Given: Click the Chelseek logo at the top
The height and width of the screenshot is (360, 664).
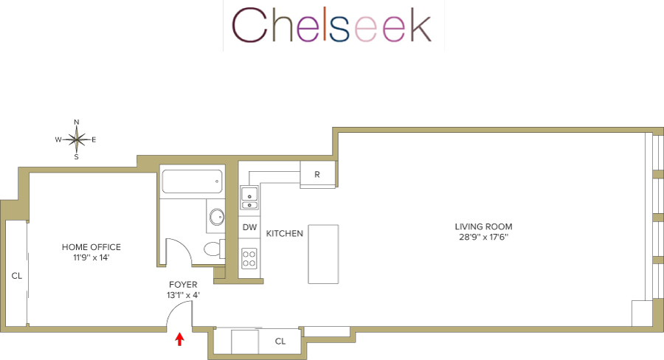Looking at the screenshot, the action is click(332, 26).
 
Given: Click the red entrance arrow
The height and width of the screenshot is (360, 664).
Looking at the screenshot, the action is click(179, 339).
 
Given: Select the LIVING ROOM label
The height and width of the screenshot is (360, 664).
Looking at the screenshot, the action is click(483, 226).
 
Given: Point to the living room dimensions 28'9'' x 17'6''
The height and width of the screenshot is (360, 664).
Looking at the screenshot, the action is click(483, 238).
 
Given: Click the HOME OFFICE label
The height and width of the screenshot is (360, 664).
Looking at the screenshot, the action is click(91, 247).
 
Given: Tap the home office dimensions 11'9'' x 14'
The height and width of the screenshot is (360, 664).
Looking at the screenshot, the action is click(91, 257).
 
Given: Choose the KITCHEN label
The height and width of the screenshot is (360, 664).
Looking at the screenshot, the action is click(285, 233).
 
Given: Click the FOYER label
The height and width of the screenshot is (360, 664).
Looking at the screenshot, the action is click(183, 284).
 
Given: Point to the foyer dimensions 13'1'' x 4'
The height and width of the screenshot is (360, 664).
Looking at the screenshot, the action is click(183, 295).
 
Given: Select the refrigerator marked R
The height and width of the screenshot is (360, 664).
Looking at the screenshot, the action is click(317, 175).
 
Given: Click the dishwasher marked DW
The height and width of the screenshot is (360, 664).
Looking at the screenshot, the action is click(249, 227).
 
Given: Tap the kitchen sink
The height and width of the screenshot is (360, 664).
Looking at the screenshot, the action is click(249, 198).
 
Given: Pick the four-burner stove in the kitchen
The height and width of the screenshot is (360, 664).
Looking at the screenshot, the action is click(249, 258).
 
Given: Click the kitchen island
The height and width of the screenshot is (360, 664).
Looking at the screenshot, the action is click(323, 254).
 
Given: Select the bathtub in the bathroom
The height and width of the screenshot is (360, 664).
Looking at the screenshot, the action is click(192, 181).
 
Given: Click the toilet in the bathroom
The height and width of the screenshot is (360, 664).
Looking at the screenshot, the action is click(213, 249).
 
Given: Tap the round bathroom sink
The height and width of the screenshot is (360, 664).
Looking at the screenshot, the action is click(217, 217).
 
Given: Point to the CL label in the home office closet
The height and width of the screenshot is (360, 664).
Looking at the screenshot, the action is click(16, 275).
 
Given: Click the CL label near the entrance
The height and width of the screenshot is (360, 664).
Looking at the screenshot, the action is click(280, 342).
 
